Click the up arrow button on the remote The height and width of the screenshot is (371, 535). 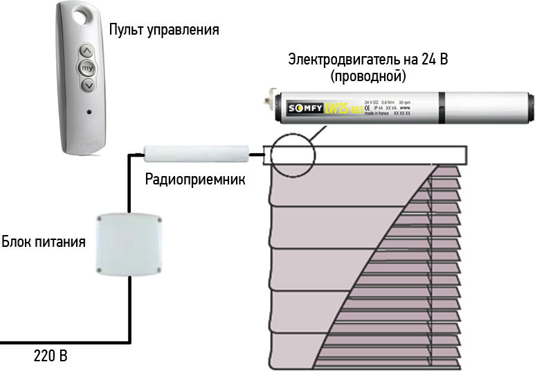(87, 51)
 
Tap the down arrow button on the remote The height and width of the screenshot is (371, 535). (87, 85)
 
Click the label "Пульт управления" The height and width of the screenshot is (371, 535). (164, 30)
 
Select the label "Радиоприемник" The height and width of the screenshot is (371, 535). (195, 179)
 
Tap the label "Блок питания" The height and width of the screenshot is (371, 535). (44, 242)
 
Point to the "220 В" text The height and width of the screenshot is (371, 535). (51, 357)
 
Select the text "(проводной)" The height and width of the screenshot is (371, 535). (368, 75)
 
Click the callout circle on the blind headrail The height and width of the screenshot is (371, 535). (292, 150)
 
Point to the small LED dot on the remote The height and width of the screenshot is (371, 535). (87, 111)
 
